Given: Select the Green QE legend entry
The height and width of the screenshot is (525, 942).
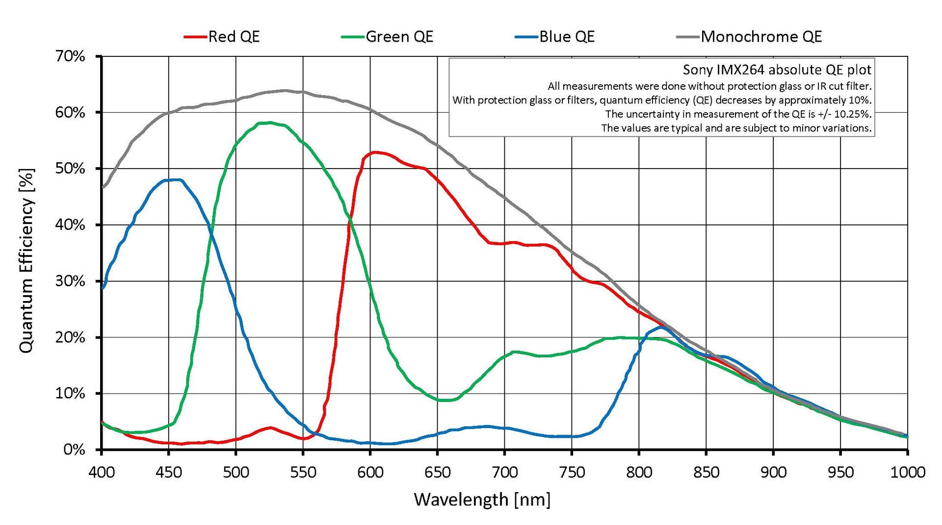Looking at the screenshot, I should click(x=399, y=37).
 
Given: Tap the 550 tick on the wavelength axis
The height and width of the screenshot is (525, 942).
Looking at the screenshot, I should click(x=303, y=472).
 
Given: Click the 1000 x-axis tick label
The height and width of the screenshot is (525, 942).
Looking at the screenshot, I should click(x=907, y=472).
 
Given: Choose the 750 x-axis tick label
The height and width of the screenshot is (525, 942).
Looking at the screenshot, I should click(x=572, y=472).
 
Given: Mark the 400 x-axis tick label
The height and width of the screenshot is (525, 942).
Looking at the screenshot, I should click(x=102, y=472).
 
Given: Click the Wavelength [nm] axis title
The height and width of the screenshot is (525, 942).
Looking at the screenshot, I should click(x=482, y=500).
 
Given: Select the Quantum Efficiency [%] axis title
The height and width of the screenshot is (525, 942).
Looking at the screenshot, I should click(x=27, y=261).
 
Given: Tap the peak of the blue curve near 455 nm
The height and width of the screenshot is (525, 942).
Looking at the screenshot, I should click(x=176, y=180).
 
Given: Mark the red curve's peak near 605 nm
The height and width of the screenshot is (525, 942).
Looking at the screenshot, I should click(x=375, y=152).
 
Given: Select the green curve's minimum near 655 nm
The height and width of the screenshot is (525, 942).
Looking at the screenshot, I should click(x=445, y=400).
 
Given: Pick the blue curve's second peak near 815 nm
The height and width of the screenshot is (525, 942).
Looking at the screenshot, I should click(x=661, y=327).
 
